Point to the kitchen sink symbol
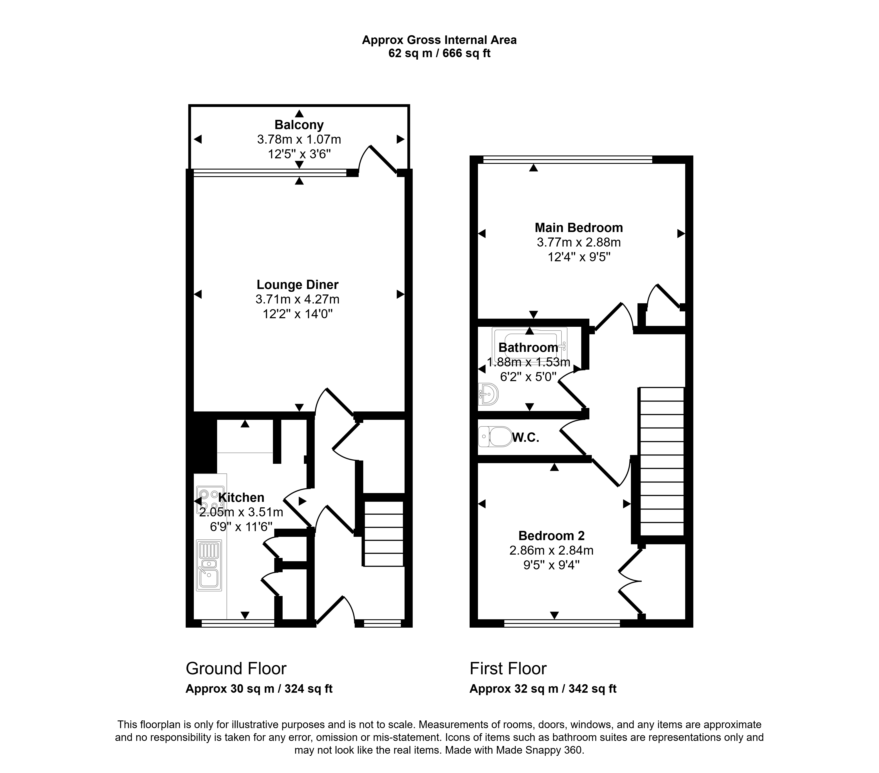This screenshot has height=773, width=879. click(209, 565)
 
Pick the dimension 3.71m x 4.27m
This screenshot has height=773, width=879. click(298, 299)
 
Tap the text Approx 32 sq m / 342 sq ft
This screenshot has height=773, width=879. click(543, 689)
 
